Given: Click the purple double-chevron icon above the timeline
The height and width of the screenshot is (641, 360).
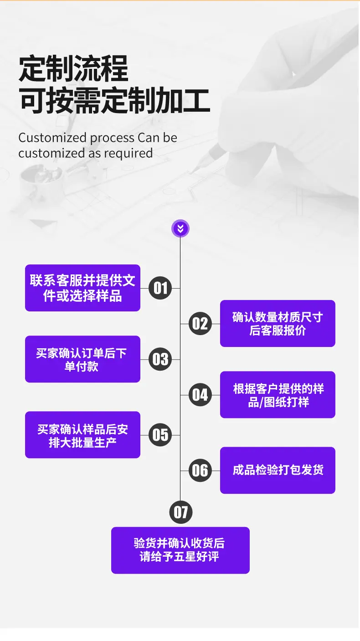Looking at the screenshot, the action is [180, 228].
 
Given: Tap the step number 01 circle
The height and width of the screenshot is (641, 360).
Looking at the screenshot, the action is [160, 288].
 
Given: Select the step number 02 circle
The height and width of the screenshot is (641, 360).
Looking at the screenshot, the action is [200, 324].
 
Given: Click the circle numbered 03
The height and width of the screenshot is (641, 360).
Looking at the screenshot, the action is [160, 359].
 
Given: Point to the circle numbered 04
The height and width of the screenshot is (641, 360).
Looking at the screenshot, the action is [200, 395].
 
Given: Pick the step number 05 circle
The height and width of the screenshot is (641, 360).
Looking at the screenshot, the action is [160, 435].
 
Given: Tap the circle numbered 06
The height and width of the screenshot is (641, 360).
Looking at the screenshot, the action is [200, 470].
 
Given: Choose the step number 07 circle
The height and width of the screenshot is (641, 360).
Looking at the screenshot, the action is [181, 512].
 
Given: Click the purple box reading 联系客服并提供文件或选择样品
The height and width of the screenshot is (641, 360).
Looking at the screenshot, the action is [82, 288].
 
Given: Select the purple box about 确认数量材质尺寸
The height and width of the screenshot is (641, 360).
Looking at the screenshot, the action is [278, 324].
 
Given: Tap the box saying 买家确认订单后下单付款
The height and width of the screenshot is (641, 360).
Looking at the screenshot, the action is [82, 359].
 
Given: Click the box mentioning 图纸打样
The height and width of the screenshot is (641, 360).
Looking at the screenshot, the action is [278, 395].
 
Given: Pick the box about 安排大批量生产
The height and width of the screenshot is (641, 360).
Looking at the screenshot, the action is [82, 435].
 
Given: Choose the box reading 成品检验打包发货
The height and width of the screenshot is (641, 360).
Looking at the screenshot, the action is [278, 470].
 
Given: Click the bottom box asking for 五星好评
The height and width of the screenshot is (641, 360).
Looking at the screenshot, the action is [180, 550].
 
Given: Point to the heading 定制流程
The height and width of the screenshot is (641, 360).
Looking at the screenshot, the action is [73, 69].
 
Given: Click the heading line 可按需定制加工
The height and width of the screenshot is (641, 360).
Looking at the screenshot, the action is [114, 101].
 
